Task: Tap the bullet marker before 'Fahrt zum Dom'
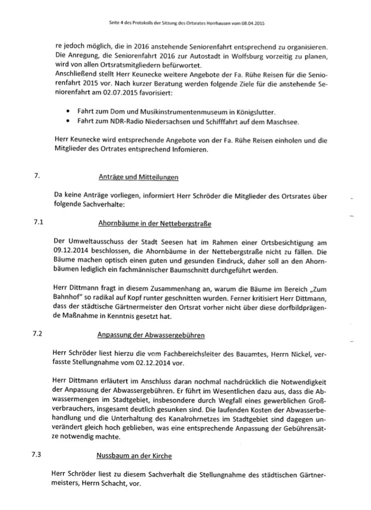67,111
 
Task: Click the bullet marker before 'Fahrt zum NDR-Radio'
67,121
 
